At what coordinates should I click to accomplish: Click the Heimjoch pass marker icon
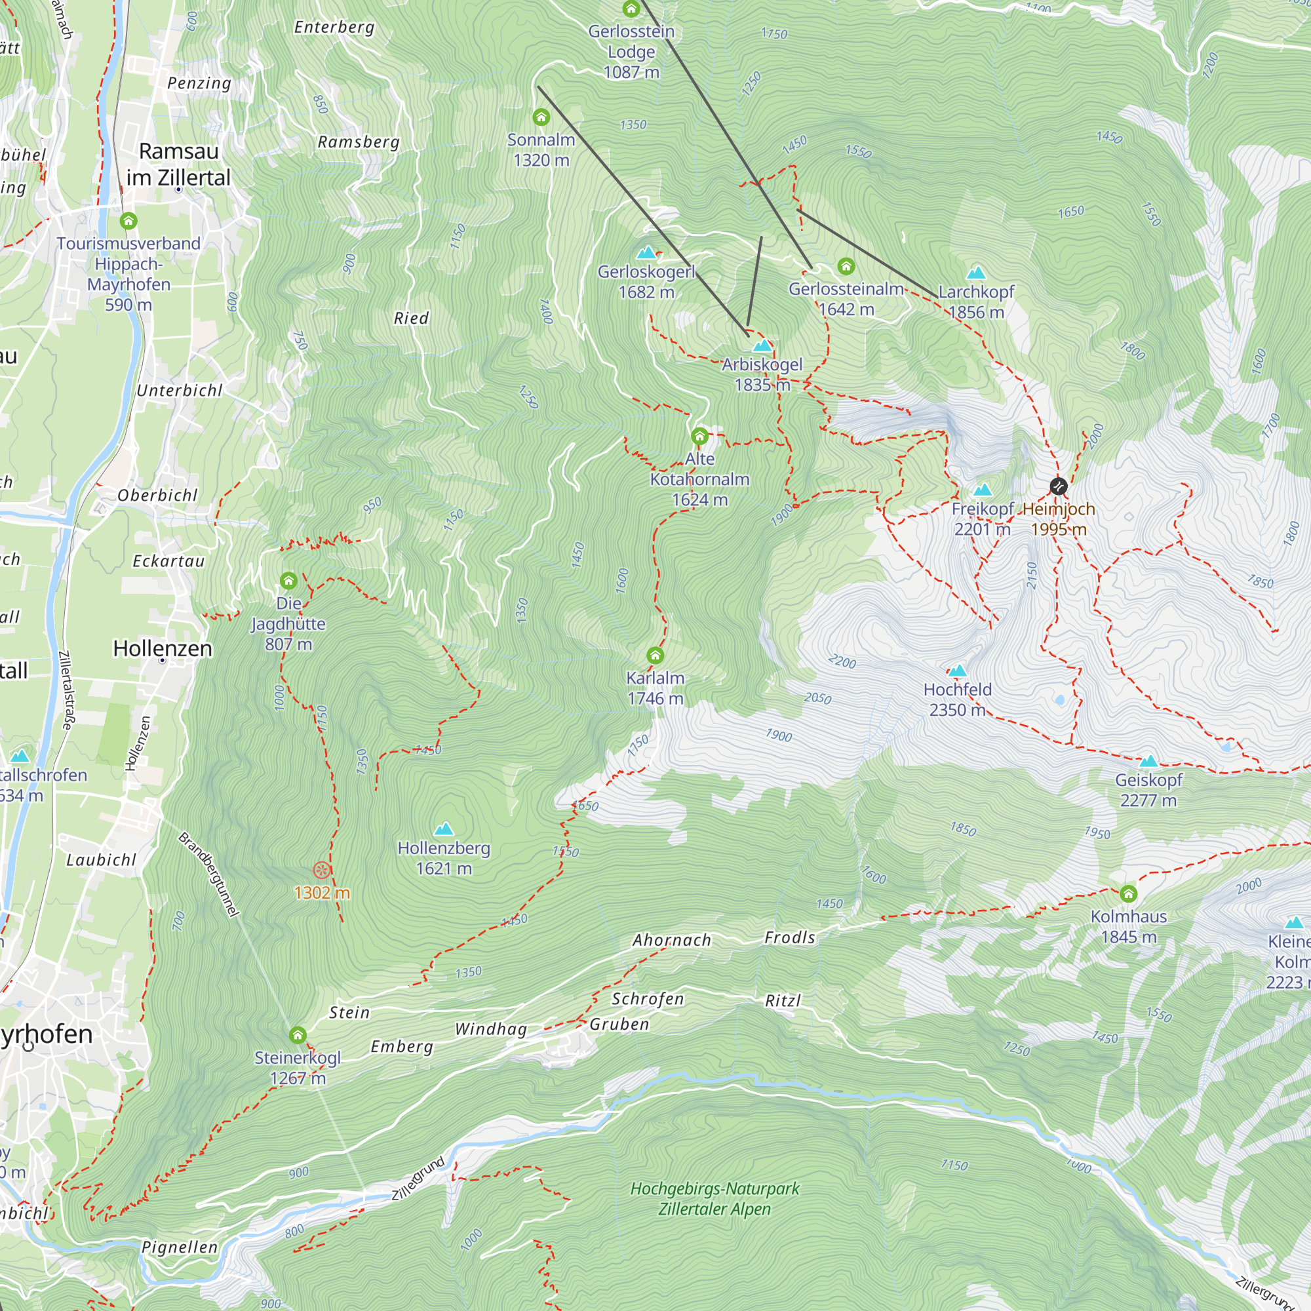coord(1058,486)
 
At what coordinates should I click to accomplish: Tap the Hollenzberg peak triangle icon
coord(444,829)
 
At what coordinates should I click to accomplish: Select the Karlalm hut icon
coord(655,655)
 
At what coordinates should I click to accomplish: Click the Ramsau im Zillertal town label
coord(178,165)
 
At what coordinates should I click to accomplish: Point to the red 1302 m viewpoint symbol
coord(322,870)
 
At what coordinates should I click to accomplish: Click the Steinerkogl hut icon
coord(297,1036)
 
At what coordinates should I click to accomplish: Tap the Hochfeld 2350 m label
coord(957,699)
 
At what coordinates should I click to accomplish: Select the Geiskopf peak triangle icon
coord(1148,761)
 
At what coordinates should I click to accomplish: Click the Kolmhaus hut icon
coord(1129,893)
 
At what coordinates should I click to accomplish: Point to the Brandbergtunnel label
coord(209,874)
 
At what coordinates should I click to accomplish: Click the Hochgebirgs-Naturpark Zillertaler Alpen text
coord(714,1198)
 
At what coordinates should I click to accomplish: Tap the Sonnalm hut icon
coord(541,117)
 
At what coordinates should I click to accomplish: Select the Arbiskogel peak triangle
coord(762,345)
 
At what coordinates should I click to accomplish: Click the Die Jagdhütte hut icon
coord(288,580)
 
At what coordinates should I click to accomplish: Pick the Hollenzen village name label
coord(162,648)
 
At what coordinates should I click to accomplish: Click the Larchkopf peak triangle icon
coord(976,273)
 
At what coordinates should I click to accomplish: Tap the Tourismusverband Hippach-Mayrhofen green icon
coord(128,220)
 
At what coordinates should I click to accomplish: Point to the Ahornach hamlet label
coord(672,941)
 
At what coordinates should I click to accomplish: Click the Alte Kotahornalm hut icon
coord(699,436)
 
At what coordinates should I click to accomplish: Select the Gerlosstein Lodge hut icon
coord(631,9)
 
